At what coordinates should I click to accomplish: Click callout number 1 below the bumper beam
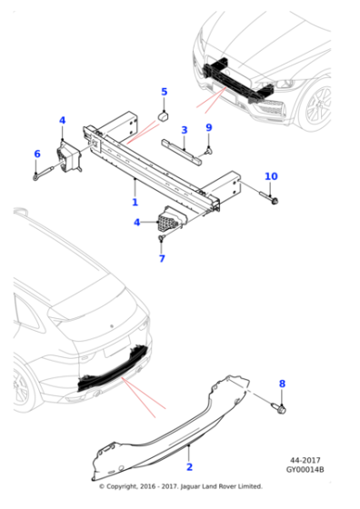click(x=135, y=203)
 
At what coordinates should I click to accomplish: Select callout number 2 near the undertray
click(x=189, y=466)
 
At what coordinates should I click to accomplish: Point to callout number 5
click(x=165, y=92)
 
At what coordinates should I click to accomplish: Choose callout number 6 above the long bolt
click(x=37, y=154)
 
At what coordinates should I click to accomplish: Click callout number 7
click(x=162, y=259)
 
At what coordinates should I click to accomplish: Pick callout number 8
click(x=281, y=384)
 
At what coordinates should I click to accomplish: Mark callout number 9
click(x=208, y=127)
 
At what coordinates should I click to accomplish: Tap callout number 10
click(x=271, y=175)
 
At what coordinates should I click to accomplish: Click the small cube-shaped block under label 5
click(x=165, y=115)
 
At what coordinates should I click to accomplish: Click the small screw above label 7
click(x=161, y=239)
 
